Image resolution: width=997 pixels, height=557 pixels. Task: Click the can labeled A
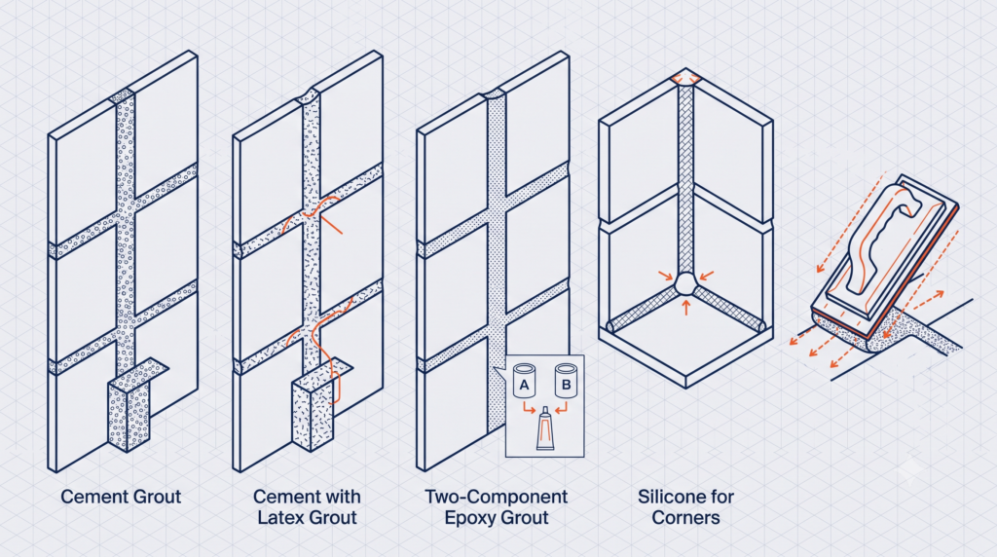tap(525, 381)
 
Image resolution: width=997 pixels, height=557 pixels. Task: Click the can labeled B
tap(566, 381)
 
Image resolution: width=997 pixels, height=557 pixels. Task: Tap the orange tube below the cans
tap(545, 428)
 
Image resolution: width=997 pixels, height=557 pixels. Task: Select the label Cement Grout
tap(121, 497)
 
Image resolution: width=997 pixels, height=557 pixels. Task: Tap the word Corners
tap(686, 518)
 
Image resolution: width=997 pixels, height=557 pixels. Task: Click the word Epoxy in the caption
tap(467, 518)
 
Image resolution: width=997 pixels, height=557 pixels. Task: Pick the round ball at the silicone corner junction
tap(685, 283)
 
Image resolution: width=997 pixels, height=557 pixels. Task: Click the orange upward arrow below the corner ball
tap(685, 308)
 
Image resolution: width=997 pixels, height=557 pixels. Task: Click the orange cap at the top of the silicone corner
tap(685, 80)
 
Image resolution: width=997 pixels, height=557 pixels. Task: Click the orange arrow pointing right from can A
tap(529, 408)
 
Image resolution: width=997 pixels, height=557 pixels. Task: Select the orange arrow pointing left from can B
tap(561, 408)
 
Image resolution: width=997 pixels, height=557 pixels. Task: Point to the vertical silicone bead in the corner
tap(685, 178)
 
